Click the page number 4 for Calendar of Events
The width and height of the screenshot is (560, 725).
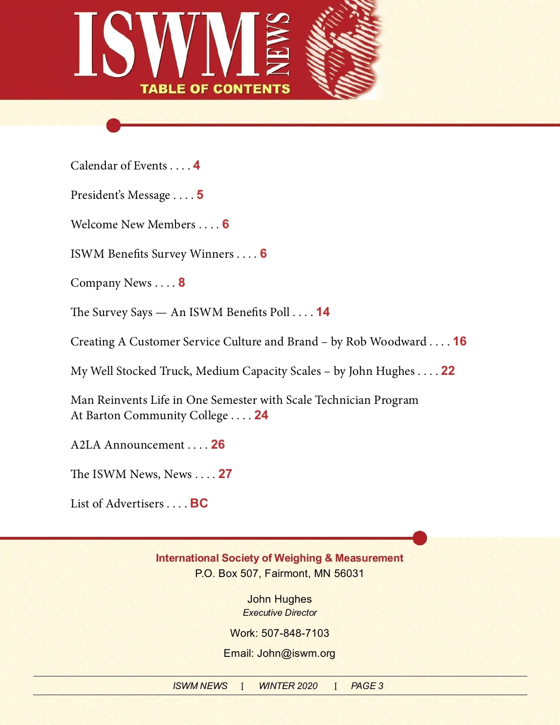(196, 165)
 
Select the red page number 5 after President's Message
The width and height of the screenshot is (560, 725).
(200, 195)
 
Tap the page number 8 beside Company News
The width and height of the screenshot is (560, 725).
(182, 282)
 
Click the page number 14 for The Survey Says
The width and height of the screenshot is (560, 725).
(323, 312)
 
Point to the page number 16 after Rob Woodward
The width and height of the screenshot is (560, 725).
(460, 341)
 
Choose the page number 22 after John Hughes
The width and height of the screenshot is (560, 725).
(448, 371)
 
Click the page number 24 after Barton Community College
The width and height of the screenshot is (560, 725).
(261, 415)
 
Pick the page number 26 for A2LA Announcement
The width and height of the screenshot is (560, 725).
(218, 444)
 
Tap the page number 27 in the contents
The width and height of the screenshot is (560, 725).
(225, 474)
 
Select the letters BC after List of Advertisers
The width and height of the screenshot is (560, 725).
(199, 503)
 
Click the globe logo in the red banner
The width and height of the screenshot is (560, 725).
(344, 50)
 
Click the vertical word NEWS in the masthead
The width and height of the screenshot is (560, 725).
(278, 44)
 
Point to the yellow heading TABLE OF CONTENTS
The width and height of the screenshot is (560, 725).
(215, 89)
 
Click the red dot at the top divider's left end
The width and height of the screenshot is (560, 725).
(113, 125)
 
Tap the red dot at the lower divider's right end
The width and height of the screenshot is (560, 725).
(420, 538)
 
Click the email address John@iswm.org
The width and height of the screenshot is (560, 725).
(296, 653)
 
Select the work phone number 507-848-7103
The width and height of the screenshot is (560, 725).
(295, 633)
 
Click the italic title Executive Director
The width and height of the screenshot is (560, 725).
(280, 612)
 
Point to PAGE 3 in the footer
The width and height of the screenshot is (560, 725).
(367, 686)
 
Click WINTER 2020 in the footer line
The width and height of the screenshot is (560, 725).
(288, 686)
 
